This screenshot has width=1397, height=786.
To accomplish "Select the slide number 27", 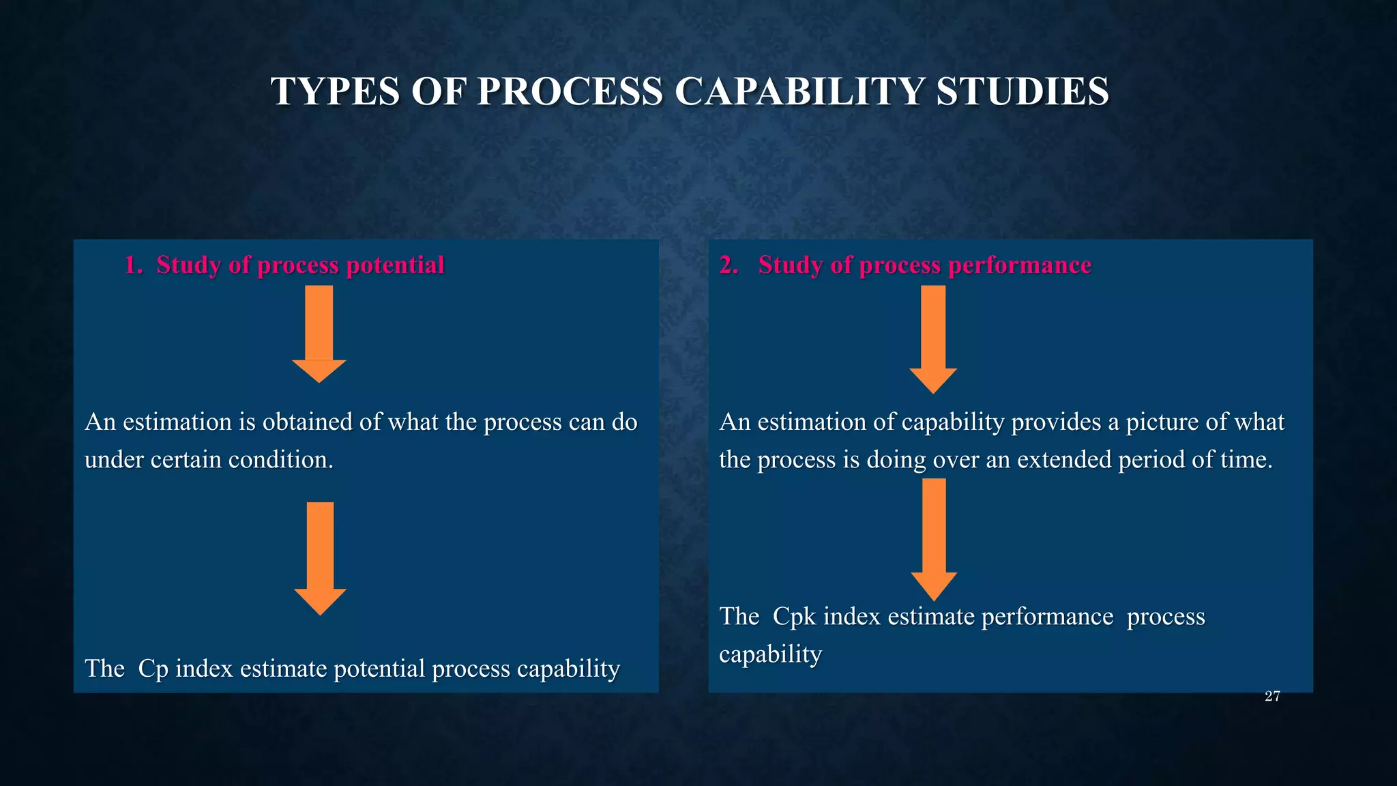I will click(1272, 697).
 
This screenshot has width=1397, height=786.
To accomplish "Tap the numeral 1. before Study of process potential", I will click(133, 265).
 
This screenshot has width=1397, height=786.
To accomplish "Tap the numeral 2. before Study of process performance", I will click(729, 265).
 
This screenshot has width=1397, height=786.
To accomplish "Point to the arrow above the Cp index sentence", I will click(320, 557).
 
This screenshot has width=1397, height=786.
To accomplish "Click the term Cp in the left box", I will click(153, 669).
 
